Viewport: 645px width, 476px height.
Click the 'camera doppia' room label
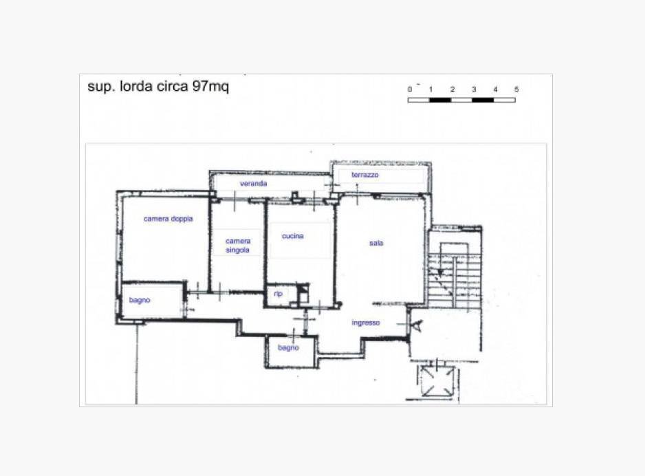(168, 219)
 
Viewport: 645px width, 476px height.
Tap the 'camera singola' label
(238, 245)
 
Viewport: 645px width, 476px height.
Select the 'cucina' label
(293, 236)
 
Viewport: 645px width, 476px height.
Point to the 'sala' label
(376, 243)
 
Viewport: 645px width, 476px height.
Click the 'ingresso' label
(366, 323)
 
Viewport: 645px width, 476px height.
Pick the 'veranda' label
(253, 184)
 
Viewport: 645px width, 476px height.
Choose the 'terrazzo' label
(365, 175)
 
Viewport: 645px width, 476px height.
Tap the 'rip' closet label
(278, 294)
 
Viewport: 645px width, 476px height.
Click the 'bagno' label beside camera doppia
(140, 301)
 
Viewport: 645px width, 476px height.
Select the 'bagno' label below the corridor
(288, 348)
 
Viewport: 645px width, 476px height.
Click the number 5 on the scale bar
(516, 89)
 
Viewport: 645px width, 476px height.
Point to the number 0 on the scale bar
(410, 89)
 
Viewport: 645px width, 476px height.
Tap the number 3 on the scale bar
(474, 89)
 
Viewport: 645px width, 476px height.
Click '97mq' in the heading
(210, 87)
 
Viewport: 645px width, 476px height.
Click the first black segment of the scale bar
(439, 100)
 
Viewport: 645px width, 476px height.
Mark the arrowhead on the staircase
(439, 273)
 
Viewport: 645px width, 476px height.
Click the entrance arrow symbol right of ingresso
(418, 325)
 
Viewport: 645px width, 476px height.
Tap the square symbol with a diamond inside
(437, 380)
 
